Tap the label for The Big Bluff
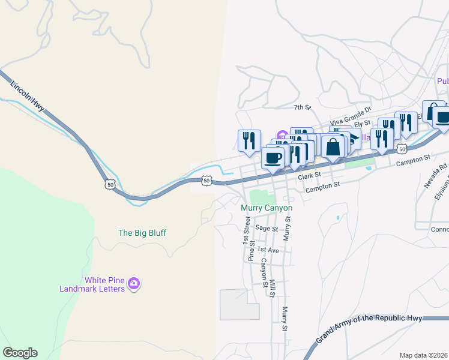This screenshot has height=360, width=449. point(142,233)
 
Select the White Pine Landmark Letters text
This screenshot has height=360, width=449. point(92,284)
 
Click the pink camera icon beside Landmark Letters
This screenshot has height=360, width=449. point(134,283)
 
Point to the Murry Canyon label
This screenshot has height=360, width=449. point(267,208)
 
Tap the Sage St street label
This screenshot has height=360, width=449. point(267,229)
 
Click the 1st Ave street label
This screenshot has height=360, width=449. point(268,250)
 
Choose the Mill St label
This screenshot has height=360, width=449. point(272,287)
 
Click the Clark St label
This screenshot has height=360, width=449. point(310,176)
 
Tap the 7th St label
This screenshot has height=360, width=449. point(302,107)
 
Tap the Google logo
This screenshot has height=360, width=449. point(20,353)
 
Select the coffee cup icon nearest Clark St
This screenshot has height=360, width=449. point(273,158)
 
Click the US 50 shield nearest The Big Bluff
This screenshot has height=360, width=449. point(109,184)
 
